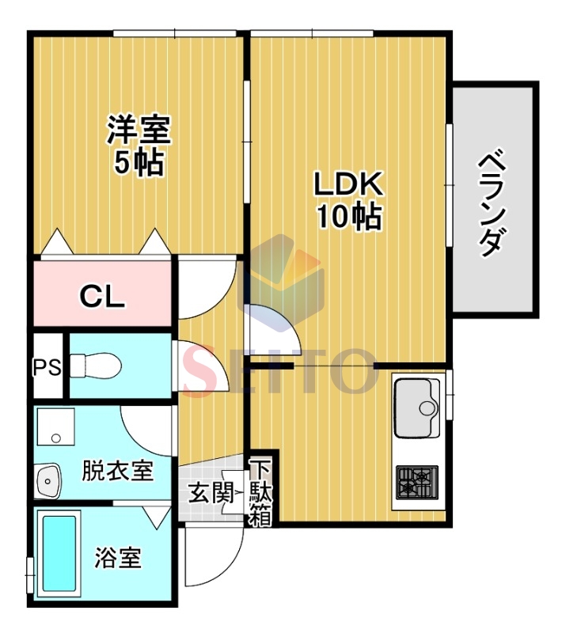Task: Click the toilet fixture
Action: tap(95, 366)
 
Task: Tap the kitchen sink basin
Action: tap(417, 407)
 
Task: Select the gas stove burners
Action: tap(417, 483)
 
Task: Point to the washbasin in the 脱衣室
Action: tap(48, 480)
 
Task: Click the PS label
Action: tap(47, 367)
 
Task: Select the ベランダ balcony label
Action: tap(492, 203)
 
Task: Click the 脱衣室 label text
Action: tap(117, 470)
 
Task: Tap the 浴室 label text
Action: tap(118, 558)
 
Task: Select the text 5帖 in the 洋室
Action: tap(139, 163)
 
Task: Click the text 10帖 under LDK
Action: tap(349, 217)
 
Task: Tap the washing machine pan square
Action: tap(55, 426)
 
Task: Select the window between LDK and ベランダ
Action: tap(449, 184)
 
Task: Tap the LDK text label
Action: tap(348, 184)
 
